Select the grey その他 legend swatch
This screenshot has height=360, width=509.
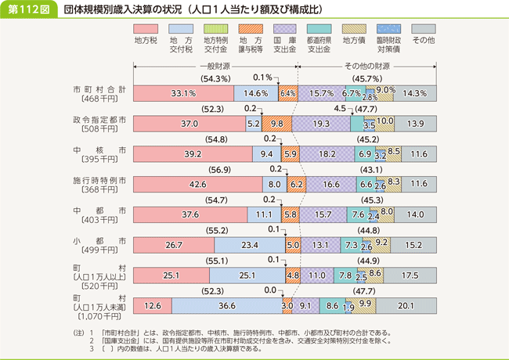pos(422,28)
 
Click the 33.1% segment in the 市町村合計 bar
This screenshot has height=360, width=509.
pos(183,93)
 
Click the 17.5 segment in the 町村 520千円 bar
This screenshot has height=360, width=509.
pos(410,276)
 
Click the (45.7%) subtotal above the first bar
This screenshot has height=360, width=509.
pos(365,79)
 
